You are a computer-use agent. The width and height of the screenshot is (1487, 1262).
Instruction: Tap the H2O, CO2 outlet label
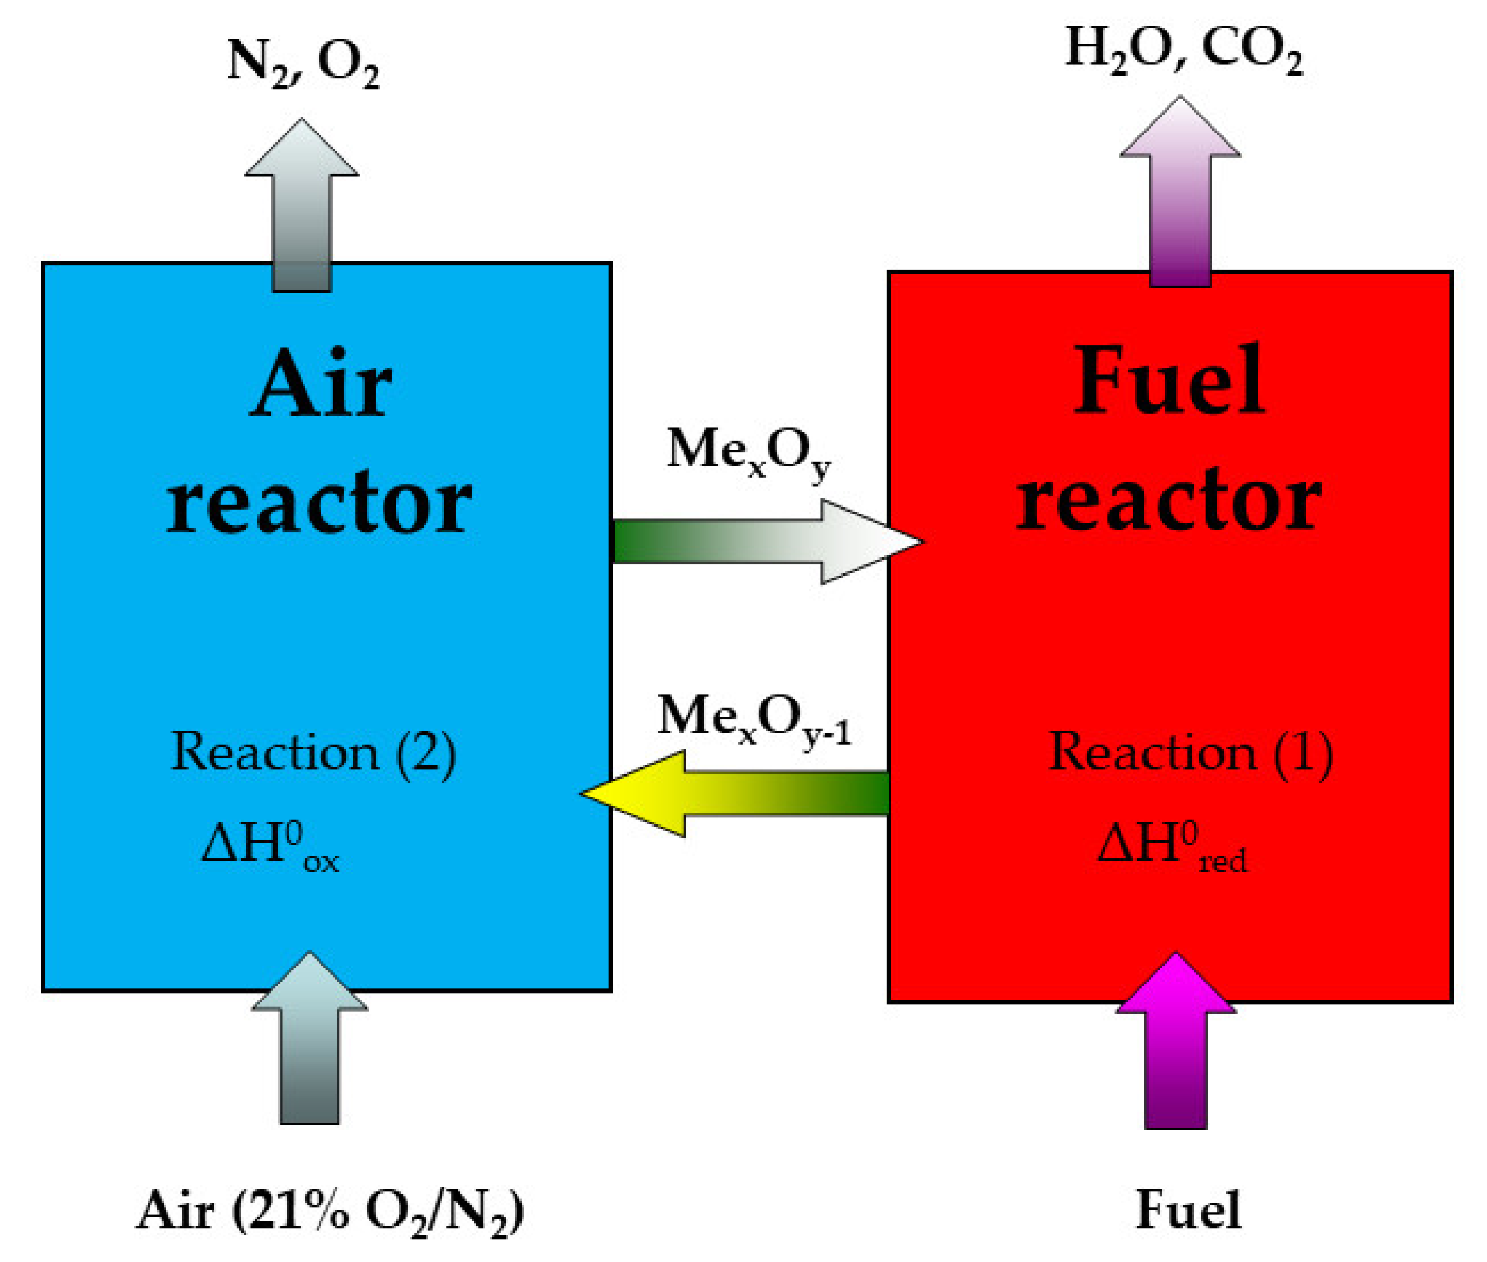[1183, 50]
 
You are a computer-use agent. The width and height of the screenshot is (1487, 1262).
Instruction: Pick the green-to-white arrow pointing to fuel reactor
[766, 542]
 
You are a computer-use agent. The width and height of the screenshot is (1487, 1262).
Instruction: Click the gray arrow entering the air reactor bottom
[309, 1038]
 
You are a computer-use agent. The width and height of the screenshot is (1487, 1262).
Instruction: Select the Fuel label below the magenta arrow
[1188, 1210]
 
